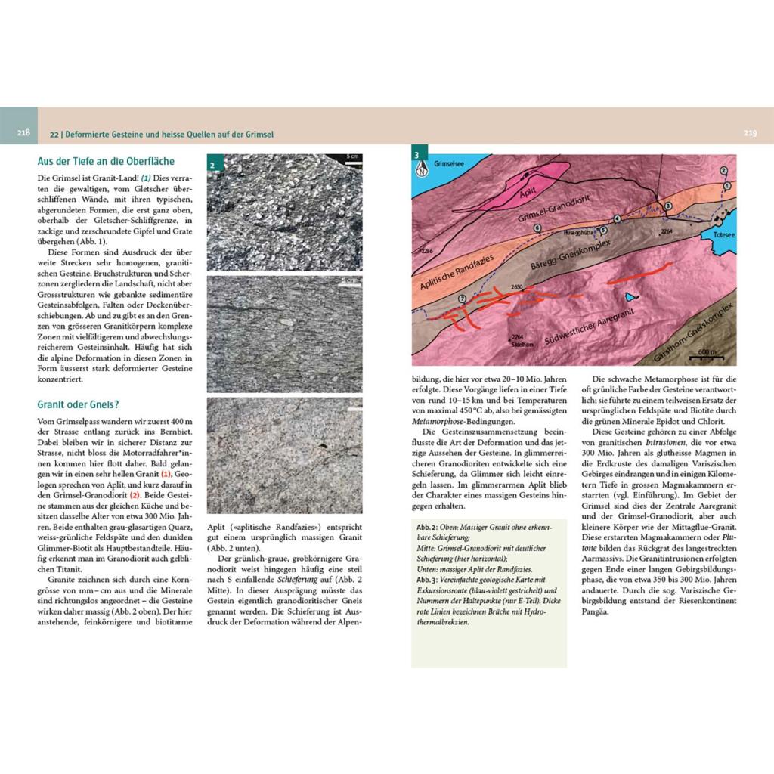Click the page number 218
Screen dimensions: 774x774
click(x=23, y=134)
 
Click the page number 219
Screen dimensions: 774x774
click(x=750, y=134)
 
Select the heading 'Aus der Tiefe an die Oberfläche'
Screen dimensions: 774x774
click(x=105, y=161)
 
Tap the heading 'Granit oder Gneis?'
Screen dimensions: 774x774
click(x=78, y=404)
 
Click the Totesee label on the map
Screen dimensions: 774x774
click(x=723, y=235)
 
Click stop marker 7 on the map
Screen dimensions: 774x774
click(x=462, y=299)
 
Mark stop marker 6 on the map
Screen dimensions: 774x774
click(x=537, y=228)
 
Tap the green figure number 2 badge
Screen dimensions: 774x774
click(x=214, y=164)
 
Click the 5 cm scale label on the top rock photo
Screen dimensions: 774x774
click(x=351, y=156)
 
